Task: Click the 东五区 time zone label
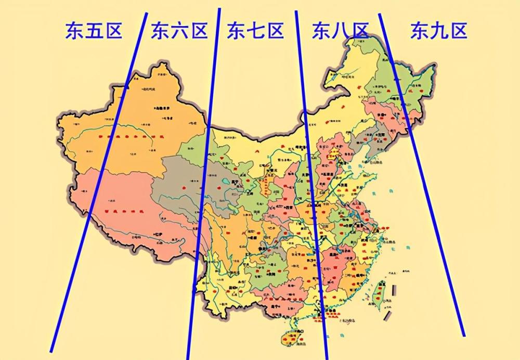coord(94,31)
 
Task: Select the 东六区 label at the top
coord(179,31)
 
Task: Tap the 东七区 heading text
coord(255,31)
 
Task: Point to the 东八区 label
coord(340,31)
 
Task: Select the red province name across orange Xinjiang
coord(133,136)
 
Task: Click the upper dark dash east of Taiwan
coord(394,289)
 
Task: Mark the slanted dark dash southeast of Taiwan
coord(387,314)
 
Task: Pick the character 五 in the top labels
coord(94,31)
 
